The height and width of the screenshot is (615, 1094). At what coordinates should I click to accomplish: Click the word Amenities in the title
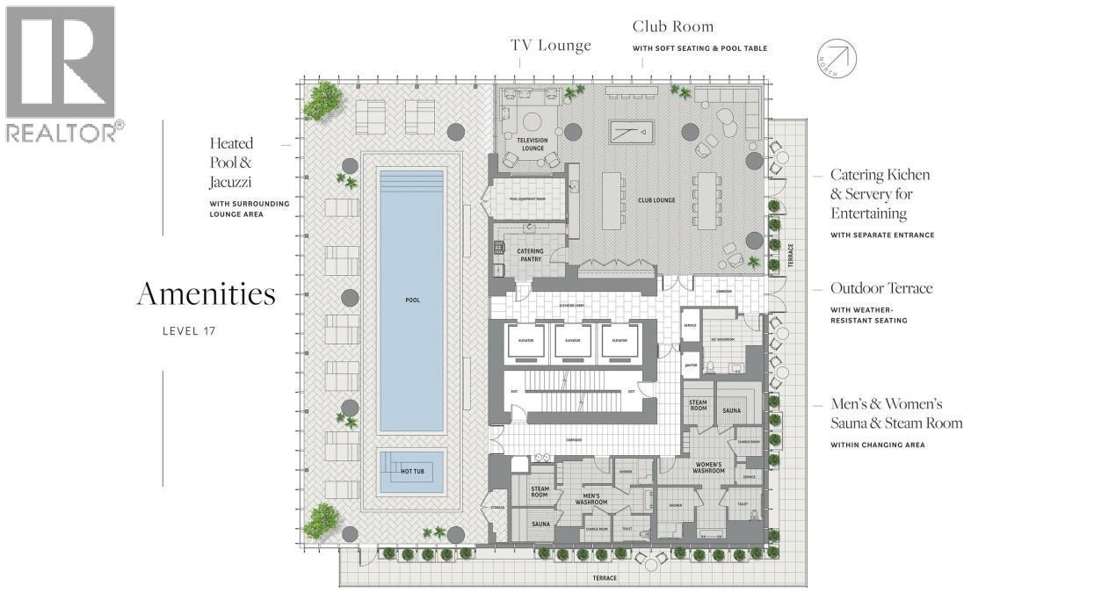pyautogui.click(x=206, y=294)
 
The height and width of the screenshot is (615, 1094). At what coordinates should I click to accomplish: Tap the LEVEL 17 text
pyautogui.click(x=189, y=331)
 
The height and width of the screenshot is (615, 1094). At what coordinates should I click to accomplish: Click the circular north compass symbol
pyautogui.click(x=836, y=58)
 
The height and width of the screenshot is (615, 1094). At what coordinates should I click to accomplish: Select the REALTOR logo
pyautogui.click(x=61, y=74)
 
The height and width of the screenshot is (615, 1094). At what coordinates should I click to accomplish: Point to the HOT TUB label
pyautogui.click(x=412, y=472)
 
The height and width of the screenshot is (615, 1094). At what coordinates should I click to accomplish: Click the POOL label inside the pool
pyautogui.click(x=412, y=300)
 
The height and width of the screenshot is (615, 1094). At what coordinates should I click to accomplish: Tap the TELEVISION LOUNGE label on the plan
pyautogui.click(x=532, y=144)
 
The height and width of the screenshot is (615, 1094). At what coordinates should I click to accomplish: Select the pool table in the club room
pyautogui.click(x=632, y=133)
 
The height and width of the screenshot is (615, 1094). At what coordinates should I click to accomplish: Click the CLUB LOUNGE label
pyautogui.click(x=656, y=200)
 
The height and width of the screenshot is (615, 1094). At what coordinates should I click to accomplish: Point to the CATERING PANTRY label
pyautogui.click(x=530, y=255)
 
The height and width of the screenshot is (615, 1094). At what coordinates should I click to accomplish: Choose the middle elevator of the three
pyautogui.click(x=572, y=340)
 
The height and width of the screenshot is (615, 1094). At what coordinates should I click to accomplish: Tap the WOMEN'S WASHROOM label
pyautogui.click(x=709, y=467)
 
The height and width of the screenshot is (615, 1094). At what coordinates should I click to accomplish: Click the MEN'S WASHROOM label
pyautogui.click(x=591, y=499)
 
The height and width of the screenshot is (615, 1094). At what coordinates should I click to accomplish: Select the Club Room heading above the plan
pyautogui.click(x=673, y=27)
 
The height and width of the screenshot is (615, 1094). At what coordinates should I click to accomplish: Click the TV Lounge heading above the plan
pyautogui.click(x=551, y=46)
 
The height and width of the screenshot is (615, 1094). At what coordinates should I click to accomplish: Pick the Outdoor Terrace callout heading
pyautogui.click(x=881, y=288)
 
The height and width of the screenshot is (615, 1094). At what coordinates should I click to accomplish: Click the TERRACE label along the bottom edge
pyautogui.click(x=604, y=578)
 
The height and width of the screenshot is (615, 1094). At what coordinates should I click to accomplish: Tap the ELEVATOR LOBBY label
pyautogui.click(x=572, y=306)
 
